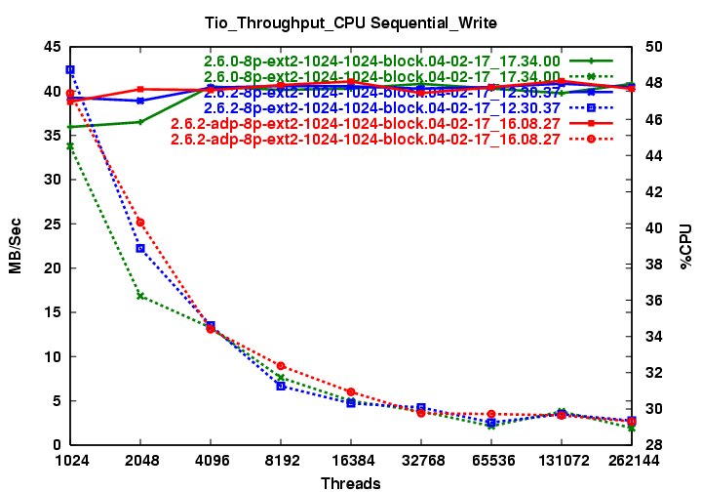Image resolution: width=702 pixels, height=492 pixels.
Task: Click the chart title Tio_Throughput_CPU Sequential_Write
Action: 350,20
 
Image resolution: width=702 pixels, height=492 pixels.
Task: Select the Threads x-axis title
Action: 350,482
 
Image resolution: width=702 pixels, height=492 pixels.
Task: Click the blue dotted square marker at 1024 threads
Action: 70,69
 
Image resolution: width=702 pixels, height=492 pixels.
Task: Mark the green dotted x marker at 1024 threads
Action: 70,146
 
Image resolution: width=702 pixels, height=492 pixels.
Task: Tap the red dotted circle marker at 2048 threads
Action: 140,223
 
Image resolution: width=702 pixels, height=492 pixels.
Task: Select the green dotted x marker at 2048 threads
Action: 140,296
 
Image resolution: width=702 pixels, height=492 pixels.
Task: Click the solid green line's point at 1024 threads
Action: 70,127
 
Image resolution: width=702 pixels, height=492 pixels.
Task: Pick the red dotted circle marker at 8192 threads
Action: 281,365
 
